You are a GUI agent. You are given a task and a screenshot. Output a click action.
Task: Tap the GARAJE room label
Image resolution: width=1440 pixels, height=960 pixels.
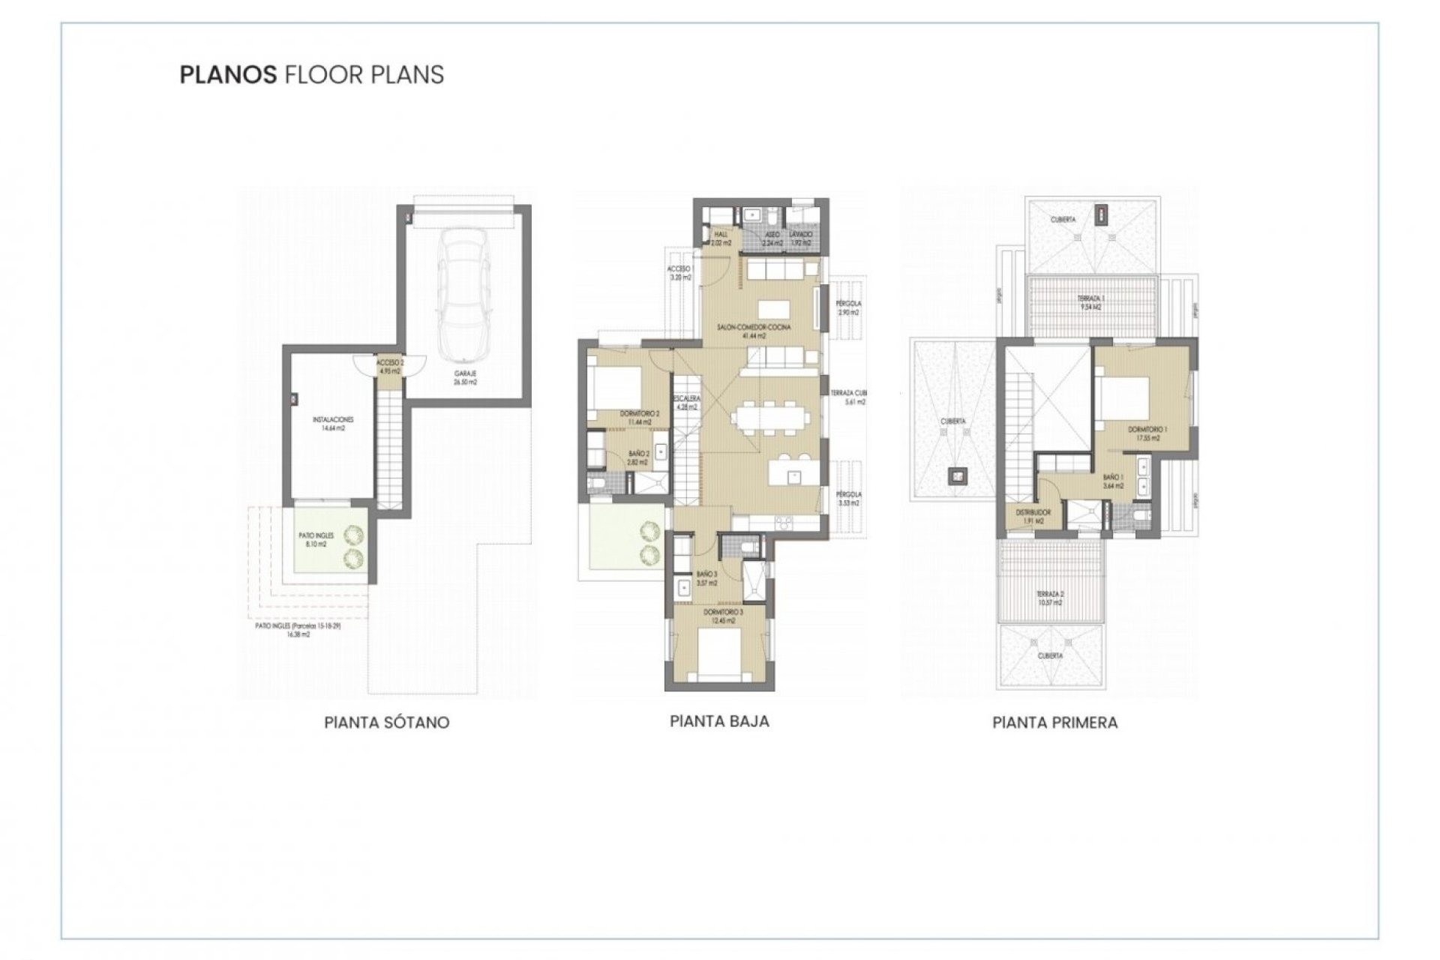[465, 373]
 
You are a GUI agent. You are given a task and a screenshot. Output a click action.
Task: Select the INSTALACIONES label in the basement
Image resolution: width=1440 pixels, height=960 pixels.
[333, 420]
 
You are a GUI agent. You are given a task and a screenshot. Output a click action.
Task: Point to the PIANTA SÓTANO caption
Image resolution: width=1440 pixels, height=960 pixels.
[386, 722]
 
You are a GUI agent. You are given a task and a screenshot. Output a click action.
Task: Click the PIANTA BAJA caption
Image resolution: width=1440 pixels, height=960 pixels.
[719, 721]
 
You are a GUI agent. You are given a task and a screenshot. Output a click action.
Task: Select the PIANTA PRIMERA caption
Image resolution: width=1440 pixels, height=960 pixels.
[1054, 722]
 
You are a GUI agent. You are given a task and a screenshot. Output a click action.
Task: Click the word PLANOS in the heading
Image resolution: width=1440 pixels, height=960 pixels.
[228, 75]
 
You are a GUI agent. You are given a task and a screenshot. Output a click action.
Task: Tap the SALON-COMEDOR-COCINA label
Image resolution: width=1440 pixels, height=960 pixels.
[754, 328]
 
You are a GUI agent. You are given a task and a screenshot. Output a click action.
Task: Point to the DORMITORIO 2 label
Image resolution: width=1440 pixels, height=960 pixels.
[640, 414]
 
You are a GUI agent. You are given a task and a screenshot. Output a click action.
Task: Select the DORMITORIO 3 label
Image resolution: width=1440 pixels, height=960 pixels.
[723, 613]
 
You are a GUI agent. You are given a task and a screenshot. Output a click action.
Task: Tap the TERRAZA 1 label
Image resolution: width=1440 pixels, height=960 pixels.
[1090, 298]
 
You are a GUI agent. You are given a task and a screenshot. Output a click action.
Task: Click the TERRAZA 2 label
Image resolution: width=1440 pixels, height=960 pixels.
[1050, 594]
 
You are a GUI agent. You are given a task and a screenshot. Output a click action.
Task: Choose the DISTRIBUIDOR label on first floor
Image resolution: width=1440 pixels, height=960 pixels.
[1033, 512]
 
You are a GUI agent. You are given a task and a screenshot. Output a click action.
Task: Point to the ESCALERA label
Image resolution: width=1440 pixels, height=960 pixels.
[686, 398]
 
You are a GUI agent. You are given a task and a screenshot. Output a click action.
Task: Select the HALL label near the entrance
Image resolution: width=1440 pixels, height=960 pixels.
[721, 235]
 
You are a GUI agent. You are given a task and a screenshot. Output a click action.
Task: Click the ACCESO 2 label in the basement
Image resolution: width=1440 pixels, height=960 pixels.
[390, 362]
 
